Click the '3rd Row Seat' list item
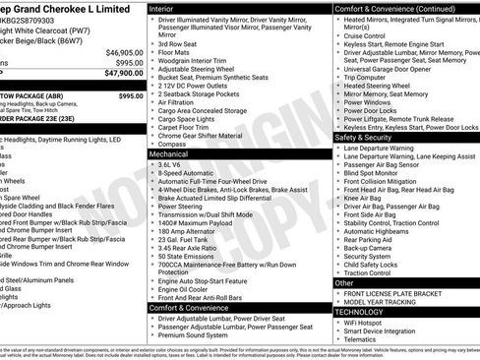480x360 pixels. click(180, 43)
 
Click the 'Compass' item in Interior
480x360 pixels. click(174, 144)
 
